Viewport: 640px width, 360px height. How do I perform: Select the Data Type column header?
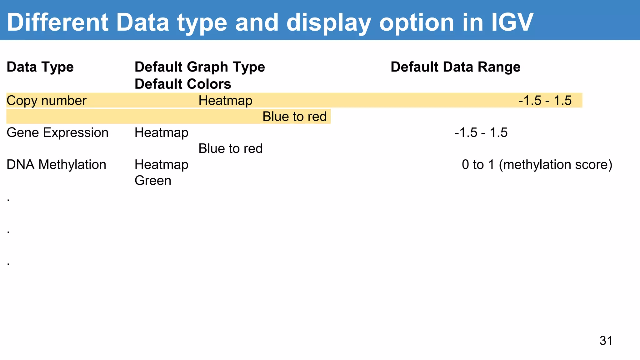click(40, 67)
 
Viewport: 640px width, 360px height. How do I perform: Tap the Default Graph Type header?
click(200, 67)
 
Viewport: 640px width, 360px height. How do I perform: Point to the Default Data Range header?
click(455, 67)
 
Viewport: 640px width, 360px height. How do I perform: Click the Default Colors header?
click(183, 84)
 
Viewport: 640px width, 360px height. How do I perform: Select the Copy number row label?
click(46, 101)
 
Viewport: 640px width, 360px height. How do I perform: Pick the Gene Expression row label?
click(57, 132)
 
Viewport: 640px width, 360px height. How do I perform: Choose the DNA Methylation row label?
click(56, 165)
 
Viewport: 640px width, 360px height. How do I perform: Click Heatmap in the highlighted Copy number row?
click(225, 101)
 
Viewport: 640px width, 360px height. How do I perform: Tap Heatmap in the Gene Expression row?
click(162, 132)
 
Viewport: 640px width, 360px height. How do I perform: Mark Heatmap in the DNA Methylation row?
click(162, 165)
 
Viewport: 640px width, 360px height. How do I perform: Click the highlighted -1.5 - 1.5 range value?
click(545, 101)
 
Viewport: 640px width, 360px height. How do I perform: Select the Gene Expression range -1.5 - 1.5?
click(481, 132)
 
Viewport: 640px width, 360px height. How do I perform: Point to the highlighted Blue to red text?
click(294, 117)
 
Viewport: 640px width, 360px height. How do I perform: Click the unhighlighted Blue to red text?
click(230, 148)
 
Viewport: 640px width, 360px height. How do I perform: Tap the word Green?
click(153, 181)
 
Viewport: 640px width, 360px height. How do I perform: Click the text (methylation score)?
click(555, 165)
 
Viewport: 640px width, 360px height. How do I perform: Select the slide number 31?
click(606, 341)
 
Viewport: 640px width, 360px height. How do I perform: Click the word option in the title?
click(416, 22)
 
